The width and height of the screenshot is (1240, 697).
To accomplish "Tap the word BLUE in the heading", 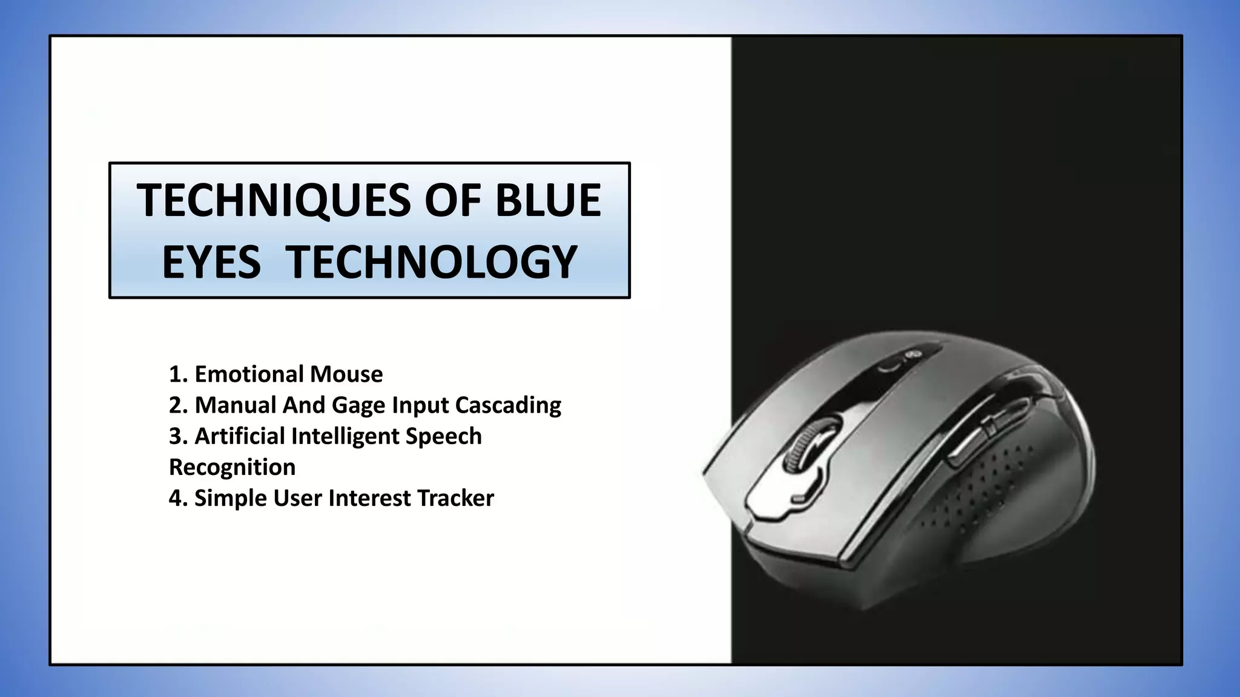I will point(548,200).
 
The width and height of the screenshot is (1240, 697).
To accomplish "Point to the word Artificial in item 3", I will point(239,436).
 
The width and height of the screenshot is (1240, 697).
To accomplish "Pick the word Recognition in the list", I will point(232,467).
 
